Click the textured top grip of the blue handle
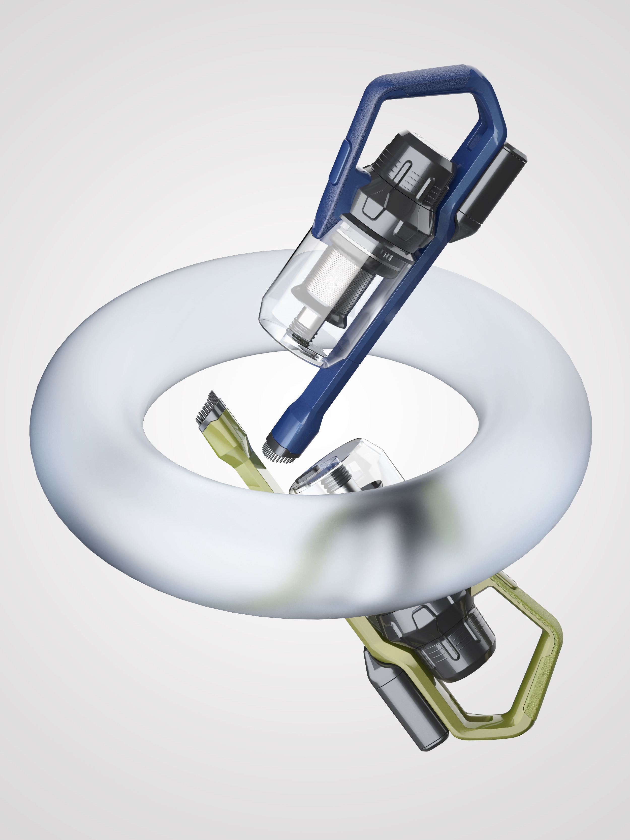(418, 82)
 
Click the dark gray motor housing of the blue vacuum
(402, 182)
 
